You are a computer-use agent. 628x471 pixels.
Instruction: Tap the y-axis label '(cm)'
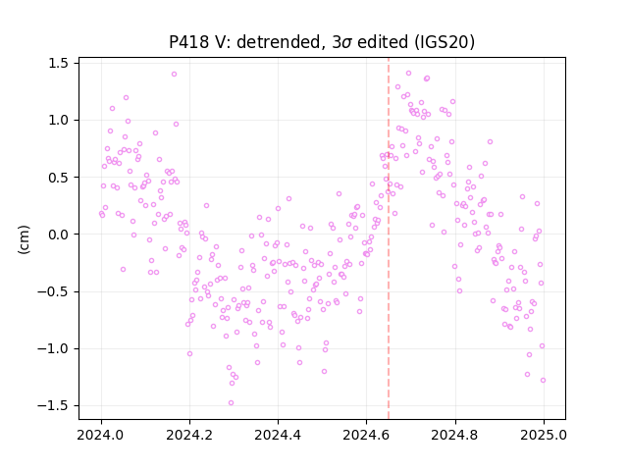24,239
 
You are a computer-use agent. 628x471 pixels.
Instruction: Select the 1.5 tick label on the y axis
58,63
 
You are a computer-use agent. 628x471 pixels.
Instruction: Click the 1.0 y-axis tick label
58,120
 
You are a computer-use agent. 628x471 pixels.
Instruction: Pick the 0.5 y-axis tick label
58,178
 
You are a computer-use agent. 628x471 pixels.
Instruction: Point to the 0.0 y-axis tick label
58,235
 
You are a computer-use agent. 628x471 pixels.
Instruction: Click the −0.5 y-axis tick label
53,291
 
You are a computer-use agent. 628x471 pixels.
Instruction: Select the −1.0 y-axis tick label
53,349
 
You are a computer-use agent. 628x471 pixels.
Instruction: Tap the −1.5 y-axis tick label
53,405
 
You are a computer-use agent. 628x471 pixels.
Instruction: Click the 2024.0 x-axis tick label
101,435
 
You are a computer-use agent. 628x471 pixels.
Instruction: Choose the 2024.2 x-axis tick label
189,435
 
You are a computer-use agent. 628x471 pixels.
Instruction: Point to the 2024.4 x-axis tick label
278,435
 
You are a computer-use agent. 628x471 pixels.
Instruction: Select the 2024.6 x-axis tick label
366,435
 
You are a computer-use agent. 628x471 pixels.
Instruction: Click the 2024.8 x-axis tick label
455,435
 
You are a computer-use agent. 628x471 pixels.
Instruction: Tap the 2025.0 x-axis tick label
544,435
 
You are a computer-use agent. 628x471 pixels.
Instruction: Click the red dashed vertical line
389,238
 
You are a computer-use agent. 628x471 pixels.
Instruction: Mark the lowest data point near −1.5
232,403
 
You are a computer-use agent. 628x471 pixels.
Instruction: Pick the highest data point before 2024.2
175,75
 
